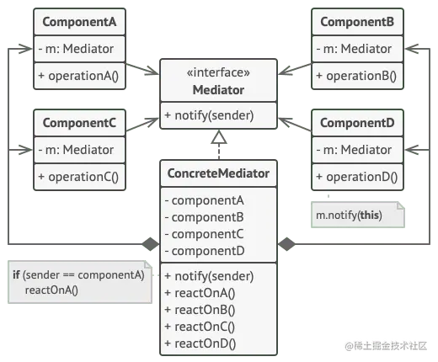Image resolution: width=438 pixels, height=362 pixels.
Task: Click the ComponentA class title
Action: tap(79, 22)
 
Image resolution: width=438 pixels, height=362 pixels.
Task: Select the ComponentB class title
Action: tap(357, 22)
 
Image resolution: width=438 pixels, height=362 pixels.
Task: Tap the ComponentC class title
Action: tap(79, 123)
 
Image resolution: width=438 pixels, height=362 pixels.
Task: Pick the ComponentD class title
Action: tap(357, 123)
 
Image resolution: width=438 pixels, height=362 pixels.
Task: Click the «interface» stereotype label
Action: tap(218, 72)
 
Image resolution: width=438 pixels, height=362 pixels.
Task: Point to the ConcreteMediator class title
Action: tap(218, 173)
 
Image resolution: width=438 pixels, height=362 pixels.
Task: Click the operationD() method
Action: tap(357, 177)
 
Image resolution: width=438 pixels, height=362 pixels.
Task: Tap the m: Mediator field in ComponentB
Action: tap(354, 49)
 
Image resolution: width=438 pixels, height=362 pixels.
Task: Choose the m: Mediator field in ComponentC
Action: tap(76, 150)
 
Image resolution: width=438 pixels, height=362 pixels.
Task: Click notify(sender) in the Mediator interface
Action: tap(209, 115)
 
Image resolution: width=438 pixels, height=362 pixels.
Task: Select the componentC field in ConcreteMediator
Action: tap(205, 234)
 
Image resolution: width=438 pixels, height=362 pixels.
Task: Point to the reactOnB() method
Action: tap(200, 310)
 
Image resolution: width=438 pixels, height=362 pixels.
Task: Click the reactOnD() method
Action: tap(200, 343)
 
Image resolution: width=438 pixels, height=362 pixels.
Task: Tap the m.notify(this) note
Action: tap(358, 215)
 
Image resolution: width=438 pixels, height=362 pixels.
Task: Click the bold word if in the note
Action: tap(16, 274)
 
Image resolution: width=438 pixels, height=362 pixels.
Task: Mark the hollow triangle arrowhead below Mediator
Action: tap(219, 137)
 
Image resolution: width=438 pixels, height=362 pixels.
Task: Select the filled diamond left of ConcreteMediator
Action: tap(151, 244)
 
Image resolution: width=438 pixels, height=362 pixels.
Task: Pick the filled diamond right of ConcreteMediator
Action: tap(286, 244)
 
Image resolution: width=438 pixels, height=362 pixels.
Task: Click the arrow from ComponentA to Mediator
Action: tap(142, 69)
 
